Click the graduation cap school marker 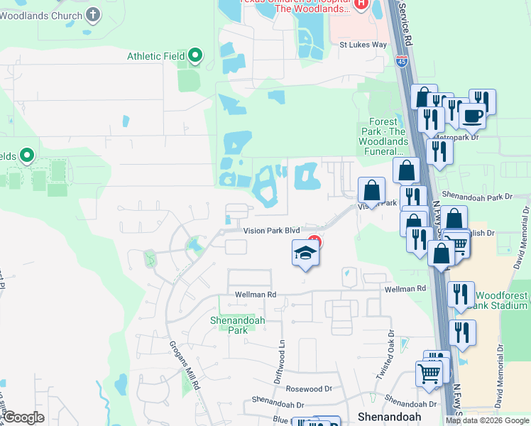[x=305, y=253]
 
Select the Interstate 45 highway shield [x=402, y=60]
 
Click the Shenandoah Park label [x=237, y=325]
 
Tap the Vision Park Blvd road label [x=272, y=231]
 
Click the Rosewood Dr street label [x=309, y=389]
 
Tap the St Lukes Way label [x=363, y=44]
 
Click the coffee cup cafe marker [x=472, y=115]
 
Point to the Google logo [x=23, y=417]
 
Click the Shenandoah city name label [x=390, y=416]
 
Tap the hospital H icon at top [x=361, y=6]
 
